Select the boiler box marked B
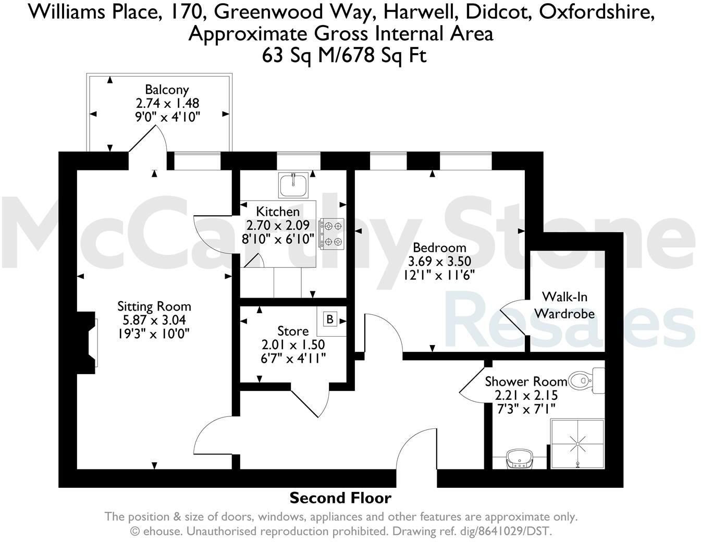click(329, 319)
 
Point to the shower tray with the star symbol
click(577, 444)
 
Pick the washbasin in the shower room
click(520, 460)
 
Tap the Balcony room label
click(167, 90)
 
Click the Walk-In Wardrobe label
click(564, 305)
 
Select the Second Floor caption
click(340, 498)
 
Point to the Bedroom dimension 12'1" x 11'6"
click(439, 275)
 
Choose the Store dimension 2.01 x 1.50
click(293, 344)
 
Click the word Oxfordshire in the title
click(596, 11)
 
